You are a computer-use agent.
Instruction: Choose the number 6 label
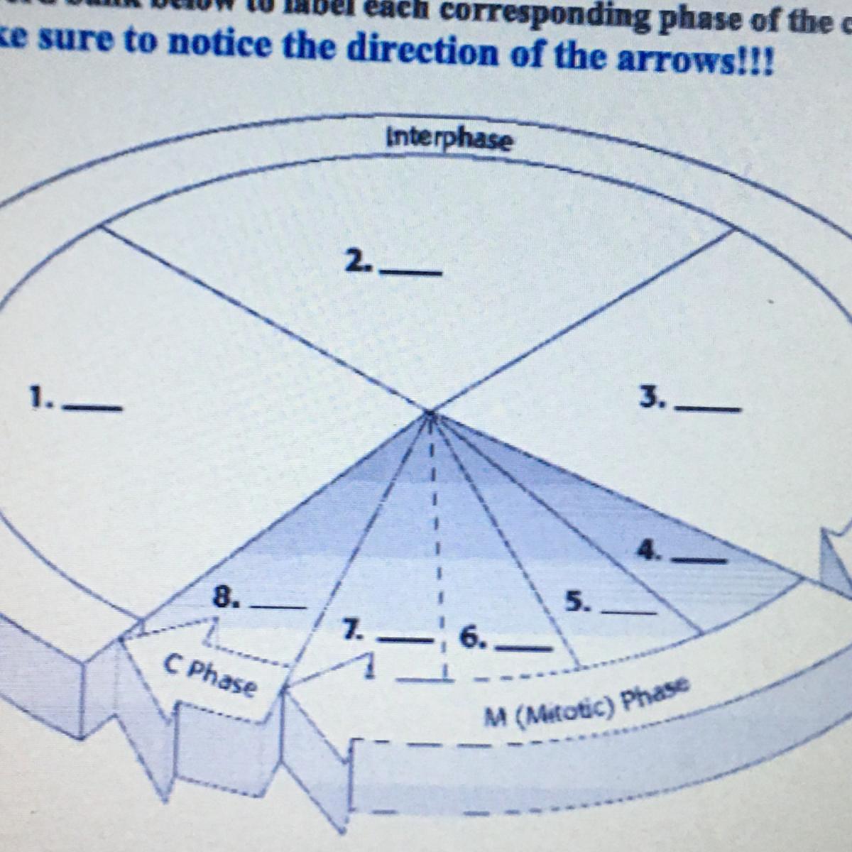471,637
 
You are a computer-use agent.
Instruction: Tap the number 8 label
225,597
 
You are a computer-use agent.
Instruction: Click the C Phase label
209,676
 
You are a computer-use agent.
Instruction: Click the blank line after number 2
412,272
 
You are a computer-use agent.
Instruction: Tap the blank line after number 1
93,408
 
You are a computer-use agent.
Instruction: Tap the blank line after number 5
628,611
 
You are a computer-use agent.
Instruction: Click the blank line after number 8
279,608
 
